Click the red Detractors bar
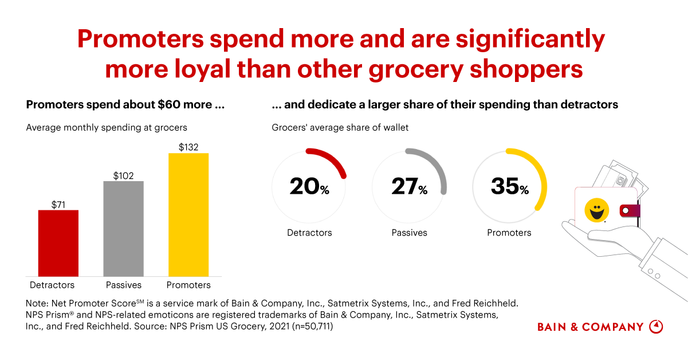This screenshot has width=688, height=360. [x=58, y=243]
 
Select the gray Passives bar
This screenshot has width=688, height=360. [x=123, y=229]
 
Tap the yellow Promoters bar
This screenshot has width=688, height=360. [x=188, y=215]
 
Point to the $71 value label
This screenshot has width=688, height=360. [x=58, y=204]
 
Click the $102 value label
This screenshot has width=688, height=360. [x=123, y=175]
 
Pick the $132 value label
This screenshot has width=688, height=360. [x=188, y=147]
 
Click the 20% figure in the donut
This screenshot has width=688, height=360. [x=309, y=186]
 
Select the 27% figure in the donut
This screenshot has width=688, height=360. [x=409, y=186]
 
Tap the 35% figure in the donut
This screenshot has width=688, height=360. [x=509, y=186]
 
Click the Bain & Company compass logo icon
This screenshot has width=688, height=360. [x=656, y=327]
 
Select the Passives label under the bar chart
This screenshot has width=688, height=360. [x=123, y=285]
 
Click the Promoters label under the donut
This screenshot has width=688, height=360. [x=509, y=233]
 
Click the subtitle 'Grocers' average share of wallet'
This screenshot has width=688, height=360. [x=340, y=127]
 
